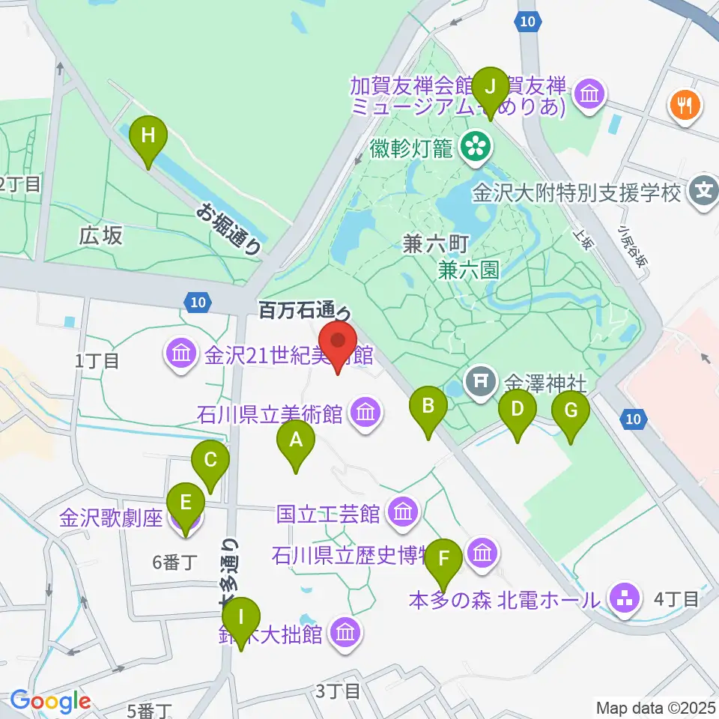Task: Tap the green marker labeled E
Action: tap(186, 509)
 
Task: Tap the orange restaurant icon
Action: tap(685, 103)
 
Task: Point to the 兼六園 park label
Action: tap(469, 269)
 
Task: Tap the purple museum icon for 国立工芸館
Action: tap(403, 513)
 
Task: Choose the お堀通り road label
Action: tap(230, 228)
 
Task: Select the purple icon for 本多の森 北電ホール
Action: tap(623, 598)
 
